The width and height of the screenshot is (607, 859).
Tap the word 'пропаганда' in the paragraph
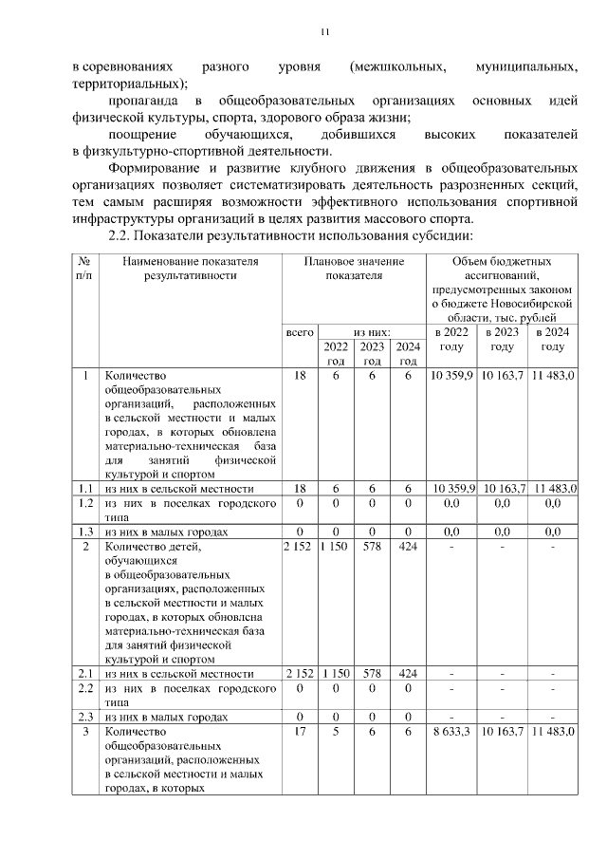[x=141, y=101]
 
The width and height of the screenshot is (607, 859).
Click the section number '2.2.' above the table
[x=125, y=235]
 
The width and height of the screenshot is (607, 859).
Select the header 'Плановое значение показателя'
[x=353, y=268]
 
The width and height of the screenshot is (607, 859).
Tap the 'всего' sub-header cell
[x=300, y=333]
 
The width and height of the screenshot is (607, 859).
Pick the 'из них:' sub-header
[x=372, y=333]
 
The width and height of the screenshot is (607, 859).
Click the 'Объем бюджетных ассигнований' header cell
[x=502, y=289]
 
